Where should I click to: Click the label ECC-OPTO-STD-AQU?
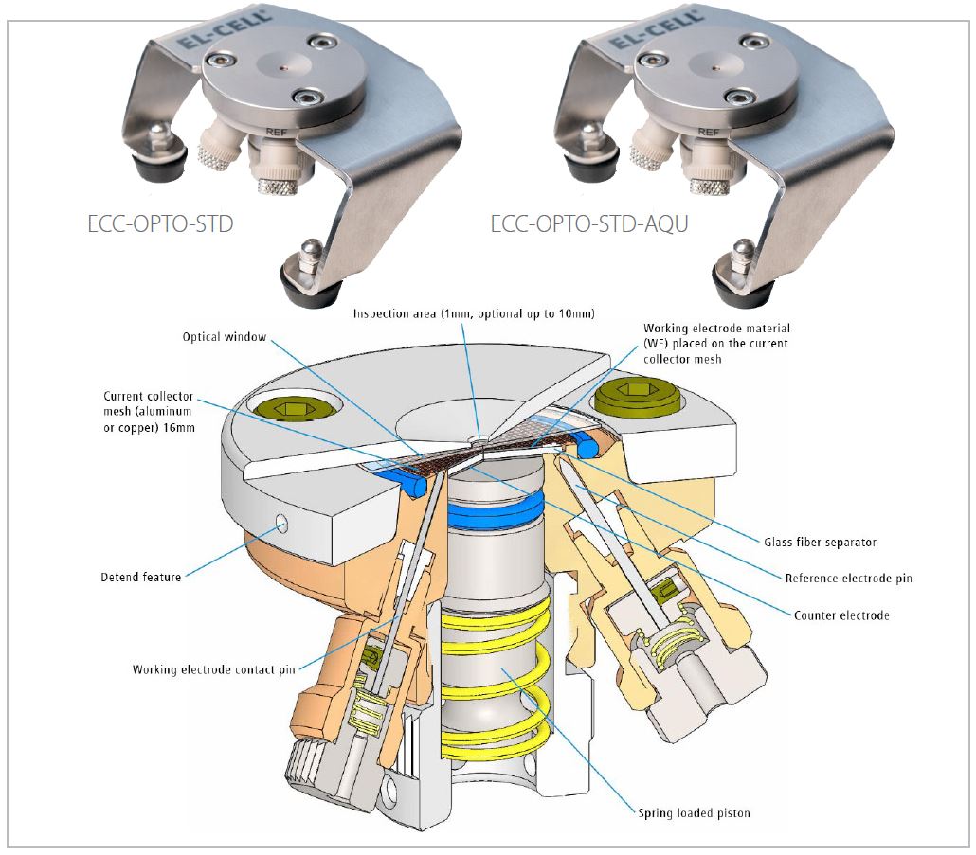click(x=588, y=223)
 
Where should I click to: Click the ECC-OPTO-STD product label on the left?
click(x=160, y=223)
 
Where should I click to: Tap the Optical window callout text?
click(x=224, y=337)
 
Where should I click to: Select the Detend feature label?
click(x=140, y=577)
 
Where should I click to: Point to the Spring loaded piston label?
click(x=694, y=812)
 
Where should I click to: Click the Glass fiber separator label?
click(x=820, y=543)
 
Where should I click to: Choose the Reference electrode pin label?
click(x=848, y=579)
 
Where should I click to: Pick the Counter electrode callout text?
click(x=841, y=615)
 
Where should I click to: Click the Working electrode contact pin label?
click(x=213, y=669)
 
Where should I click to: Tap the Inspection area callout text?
click(x=474, y=313)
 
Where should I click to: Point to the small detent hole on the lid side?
click(x=282, y=525)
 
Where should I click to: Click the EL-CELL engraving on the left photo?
click(x=225, y=29)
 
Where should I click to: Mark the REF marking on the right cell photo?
click(x=708, y=132)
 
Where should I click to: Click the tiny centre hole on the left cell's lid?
click(x=284, y=66)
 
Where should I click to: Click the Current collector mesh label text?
click(x=149, y=412)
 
